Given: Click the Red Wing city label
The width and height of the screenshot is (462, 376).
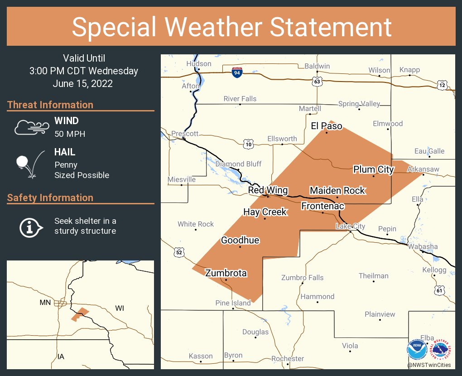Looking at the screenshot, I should click(x=268, y=190).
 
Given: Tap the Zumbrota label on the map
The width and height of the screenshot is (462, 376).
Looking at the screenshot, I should click(x=226, y=273).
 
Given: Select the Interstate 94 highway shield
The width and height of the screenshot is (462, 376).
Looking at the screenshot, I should click(x=236, y=72).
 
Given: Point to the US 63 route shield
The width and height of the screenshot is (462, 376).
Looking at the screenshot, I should click(x=317, y=82).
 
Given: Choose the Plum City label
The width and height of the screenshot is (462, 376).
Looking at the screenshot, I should click(x=373, y=169).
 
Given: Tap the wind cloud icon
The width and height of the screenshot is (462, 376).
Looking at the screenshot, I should click(x=31, y=127).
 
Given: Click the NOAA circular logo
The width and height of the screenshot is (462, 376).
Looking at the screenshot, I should click(x=417, y=350).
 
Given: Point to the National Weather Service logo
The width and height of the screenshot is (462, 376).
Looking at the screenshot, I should click(x=442, y=350).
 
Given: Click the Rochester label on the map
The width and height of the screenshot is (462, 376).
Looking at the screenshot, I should click(x=288, y=359).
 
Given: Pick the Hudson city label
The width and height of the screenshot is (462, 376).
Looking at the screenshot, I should click(x=199, y=64).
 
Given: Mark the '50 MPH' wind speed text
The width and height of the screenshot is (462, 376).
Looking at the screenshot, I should click(x=70, y=134).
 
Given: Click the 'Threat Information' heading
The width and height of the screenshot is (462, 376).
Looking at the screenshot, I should click(x=50, y=105).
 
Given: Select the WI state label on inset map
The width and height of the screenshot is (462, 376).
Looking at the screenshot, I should click(x=119, y=309).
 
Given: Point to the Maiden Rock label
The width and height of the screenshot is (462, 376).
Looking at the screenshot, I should click(x=337, y=191).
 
